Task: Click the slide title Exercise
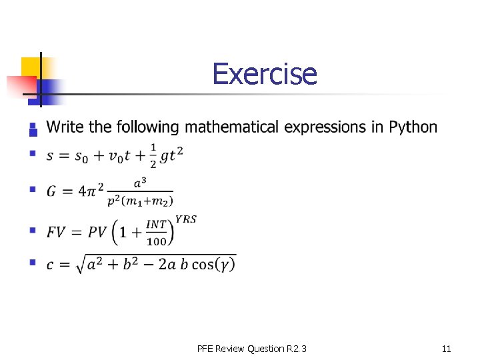pyautogui.click(x=265, y=74)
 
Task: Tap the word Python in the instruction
pyautogui.click(x=413, y=127)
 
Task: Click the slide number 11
pyautogui.click(x=446, y=349)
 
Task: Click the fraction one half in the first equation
pyautogui.click(x=153, y=155)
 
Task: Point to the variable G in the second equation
pyautogui.click(x=51, y=191)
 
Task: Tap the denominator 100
pyautogui.click(x=156, y=241)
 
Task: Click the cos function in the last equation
pyautogui.click(x=204, y=265)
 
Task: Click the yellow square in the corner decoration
pyautogui.click(x=31, y=67)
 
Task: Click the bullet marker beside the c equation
pyautogui.click(x=31, y=263)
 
